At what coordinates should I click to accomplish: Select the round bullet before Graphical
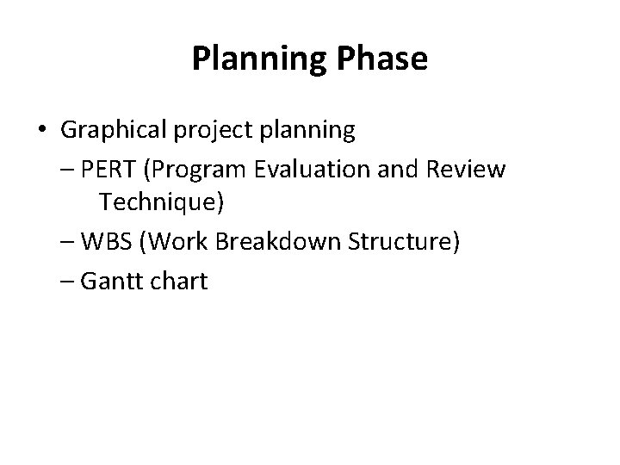(42, 130)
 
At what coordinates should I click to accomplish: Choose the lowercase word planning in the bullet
(307, 130)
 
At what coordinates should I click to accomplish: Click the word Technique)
(162, 204)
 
